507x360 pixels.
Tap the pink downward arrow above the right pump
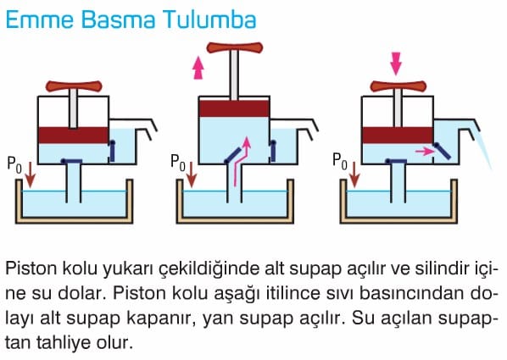(x=396, y=64)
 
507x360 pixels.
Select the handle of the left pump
(x=74, y=86)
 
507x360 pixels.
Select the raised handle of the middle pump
(x=234, y=47)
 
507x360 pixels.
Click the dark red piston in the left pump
(x=74, y=135)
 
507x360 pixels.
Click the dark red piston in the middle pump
(x=234, y=108)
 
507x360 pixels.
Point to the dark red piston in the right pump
(x=398, y=135)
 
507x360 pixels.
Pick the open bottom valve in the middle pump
(x=232, y=155)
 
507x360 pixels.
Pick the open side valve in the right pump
(x=442, y=151)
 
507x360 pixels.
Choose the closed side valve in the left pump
(x=112, y=151)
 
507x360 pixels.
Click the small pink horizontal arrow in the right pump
(x=425, y=151)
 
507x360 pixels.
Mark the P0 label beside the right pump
(x=340, y=162)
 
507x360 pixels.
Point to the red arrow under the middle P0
(x=192, y=174)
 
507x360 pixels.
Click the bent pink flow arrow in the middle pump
(x=240, y=162)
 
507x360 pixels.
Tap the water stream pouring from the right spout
(x=483, y=146)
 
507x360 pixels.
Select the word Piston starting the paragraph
(x=31, y=269)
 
